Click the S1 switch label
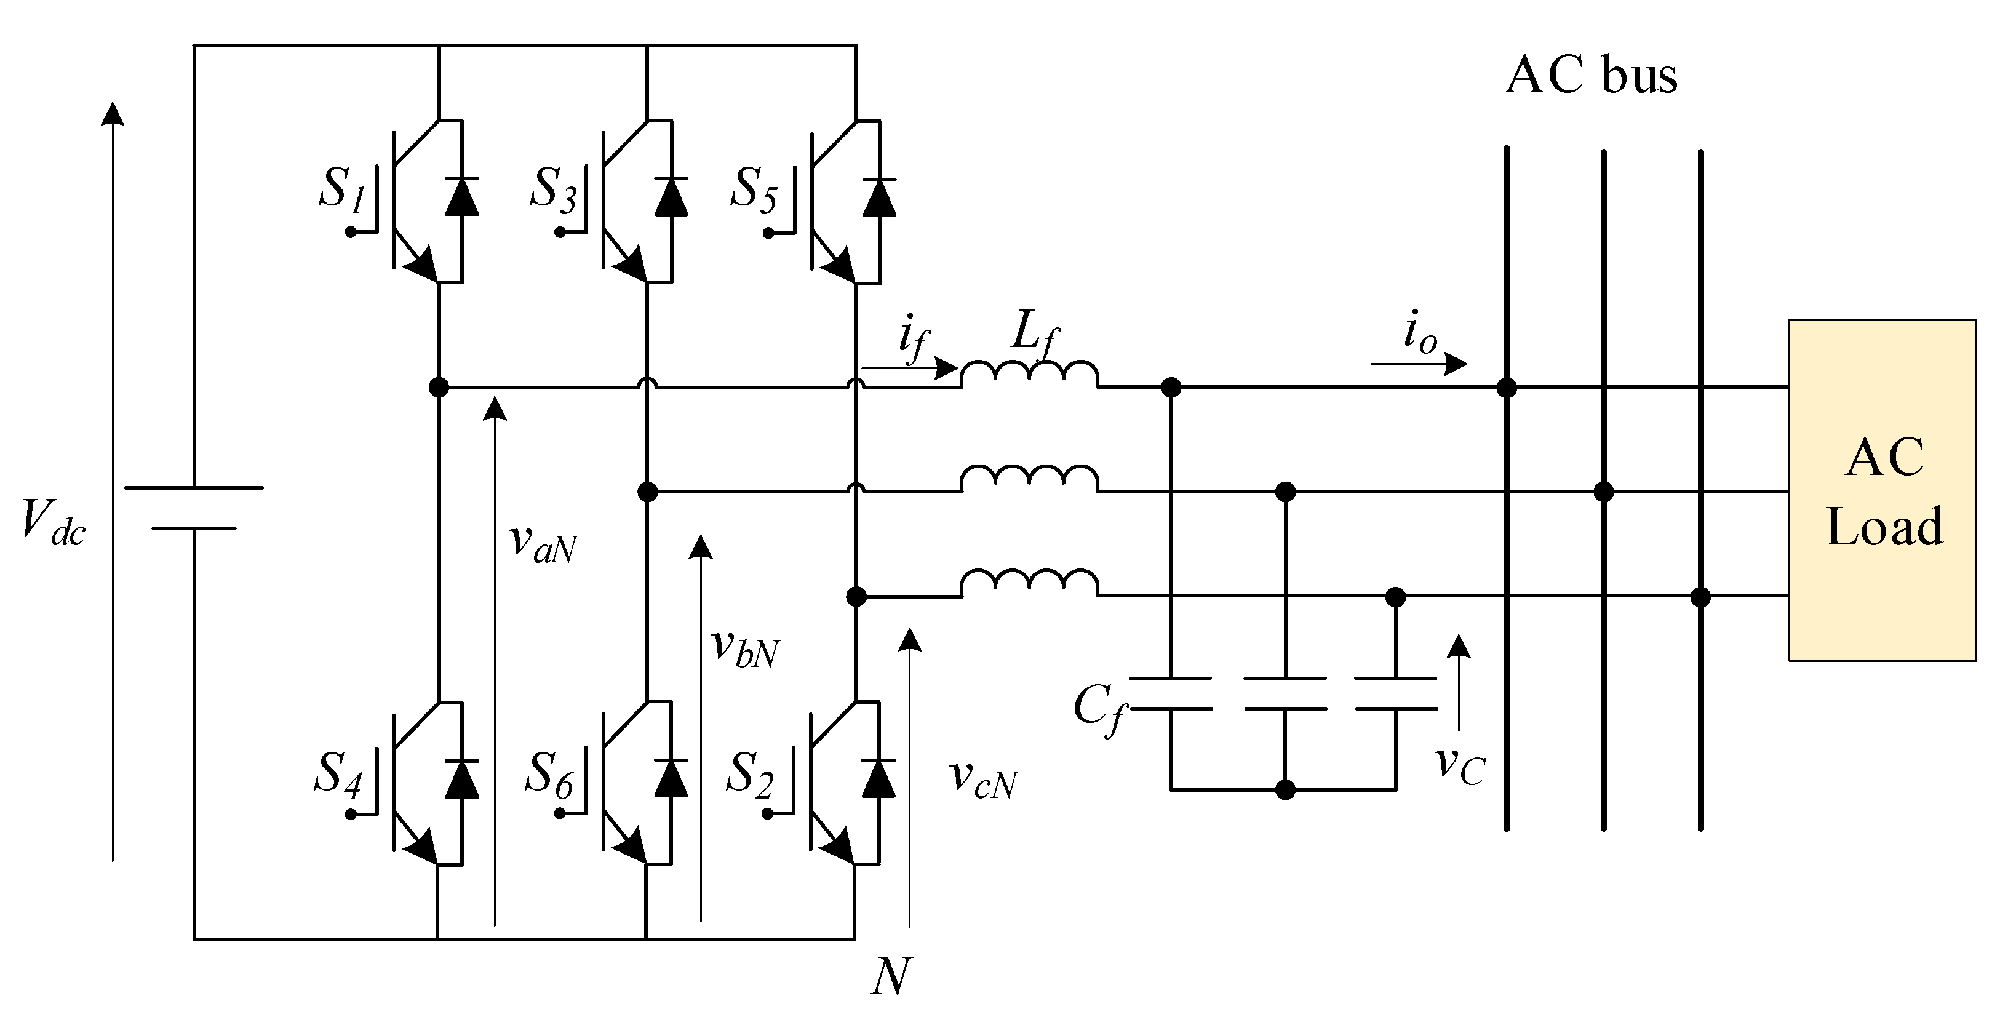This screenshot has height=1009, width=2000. (x=341, y=189)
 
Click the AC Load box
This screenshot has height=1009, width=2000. (x=1882, y=490)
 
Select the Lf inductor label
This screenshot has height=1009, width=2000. (x=1035, y=338)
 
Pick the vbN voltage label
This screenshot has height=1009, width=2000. (x=744, y=646)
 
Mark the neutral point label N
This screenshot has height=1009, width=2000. (x=890, y=976)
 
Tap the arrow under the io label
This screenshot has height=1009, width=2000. (x=1419, y=363)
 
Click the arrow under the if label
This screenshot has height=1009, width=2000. (x=910, y=367)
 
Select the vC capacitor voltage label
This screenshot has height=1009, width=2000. (x=1460, y=765)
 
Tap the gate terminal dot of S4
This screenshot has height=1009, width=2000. (x=351, y=814)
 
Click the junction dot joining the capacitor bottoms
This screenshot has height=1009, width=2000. (x=1286, y=790)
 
